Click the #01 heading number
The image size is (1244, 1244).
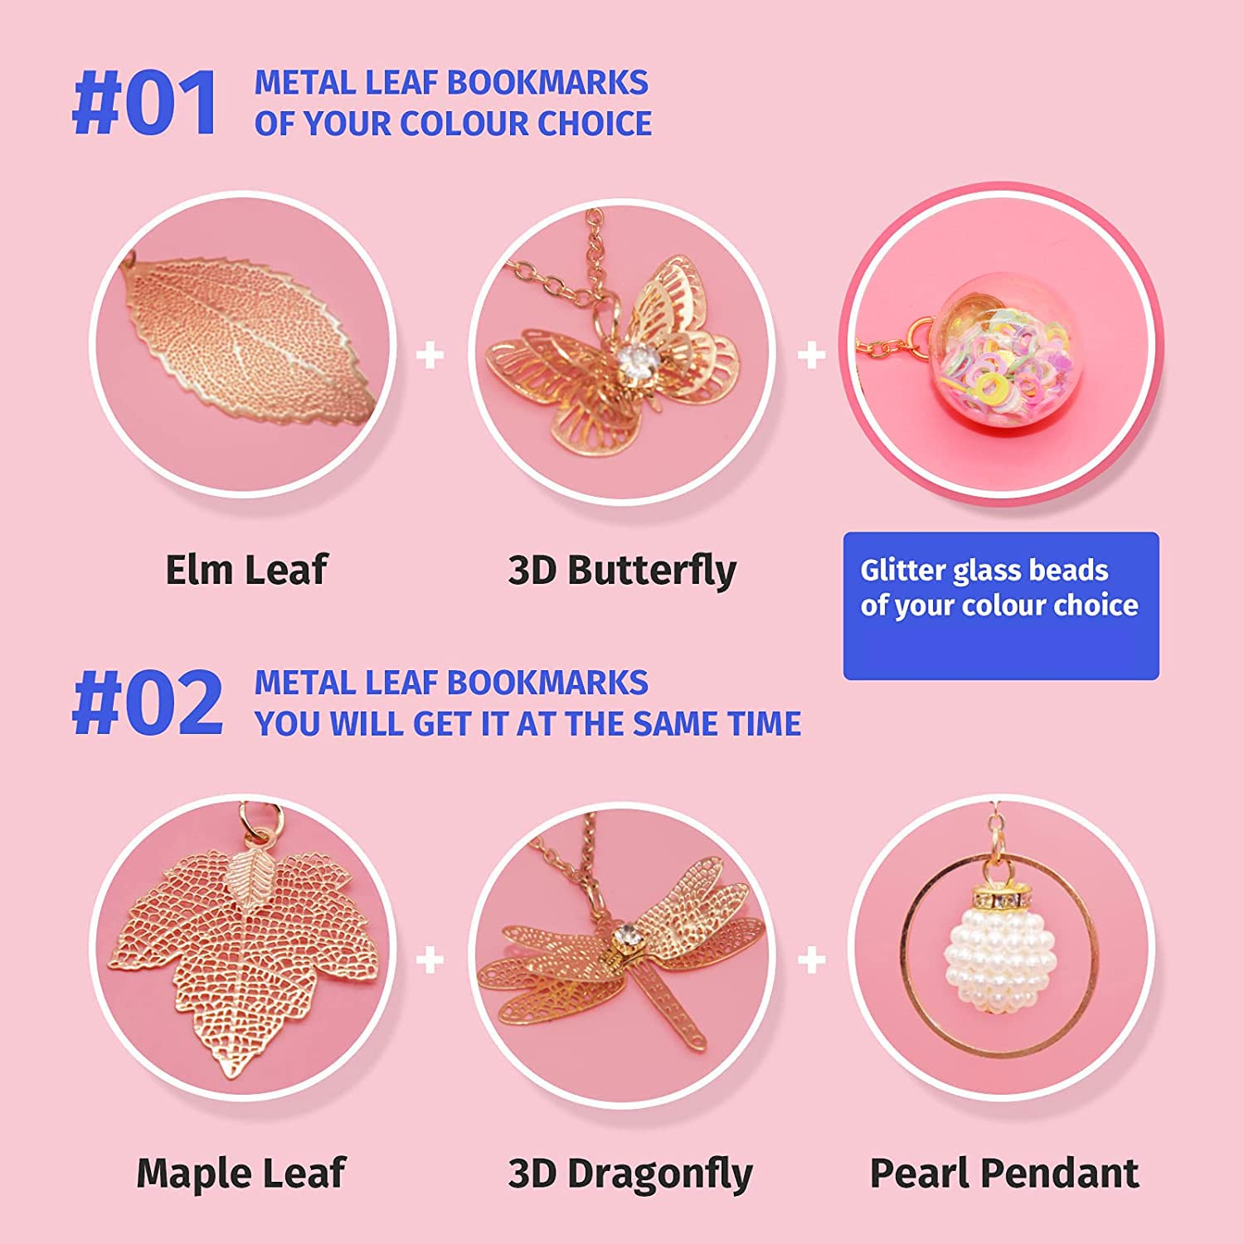[146, 104]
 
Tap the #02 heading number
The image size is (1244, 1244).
[148, 703]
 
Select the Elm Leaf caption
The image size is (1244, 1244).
[246, 570]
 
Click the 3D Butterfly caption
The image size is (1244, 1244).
[621, 571]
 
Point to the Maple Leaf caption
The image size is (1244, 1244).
[241, 1173]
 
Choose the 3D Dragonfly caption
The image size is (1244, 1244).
[629, 1174]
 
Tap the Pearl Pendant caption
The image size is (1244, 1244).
[1003, 1174]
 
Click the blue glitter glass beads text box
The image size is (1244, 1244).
[1000, 605]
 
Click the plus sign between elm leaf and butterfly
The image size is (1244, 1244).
[430, 356]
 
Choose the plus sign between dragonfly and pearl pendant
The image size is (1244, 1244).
[811, 960]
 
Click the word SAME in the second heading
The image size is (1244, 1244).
[669, 724]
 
